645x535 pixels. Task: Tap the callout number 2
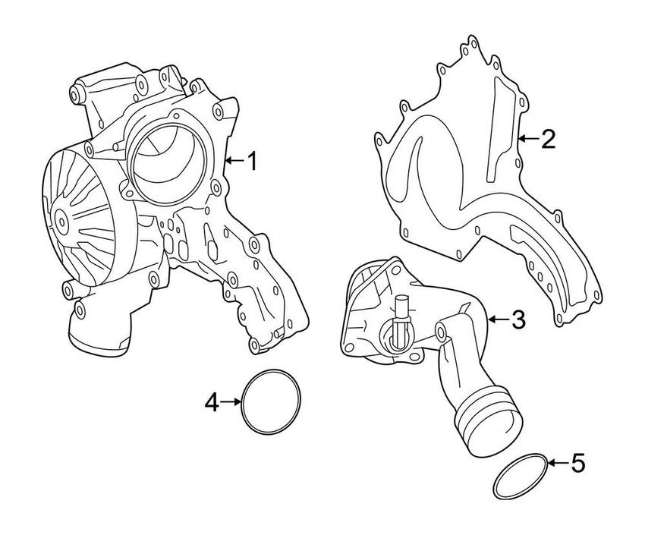tap(549, 139)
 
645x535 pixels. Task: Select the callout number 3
tap(517, 320)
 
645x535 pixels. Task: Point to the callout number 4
tap(212, 402)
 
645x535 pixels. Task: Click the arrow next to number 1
tap(234, 161)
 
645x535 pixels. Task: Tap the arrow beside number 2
tap(529, 139)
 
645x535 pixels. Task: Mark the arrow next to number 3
tap(498, 320)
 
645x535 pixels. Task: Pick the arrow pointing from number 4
tap(231, 402)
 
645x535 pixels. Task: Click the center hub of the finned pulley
tap(60, 219)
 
